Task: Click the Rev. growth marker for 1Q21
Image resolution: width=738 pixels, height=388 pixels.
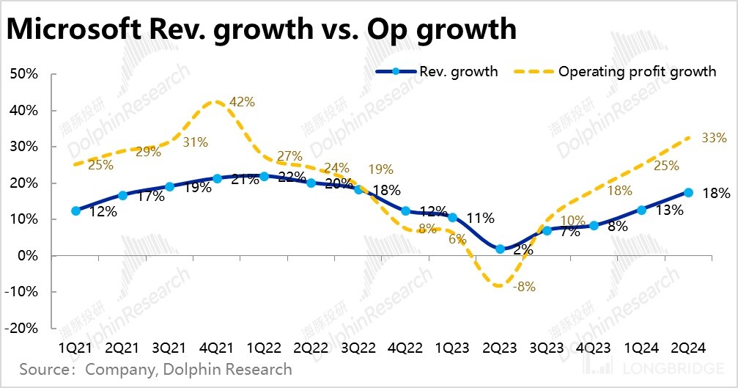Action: click(x=76, y=211)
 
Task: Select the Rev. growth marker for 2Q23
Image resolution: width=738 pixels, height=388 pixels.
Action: click(x=500, y=249)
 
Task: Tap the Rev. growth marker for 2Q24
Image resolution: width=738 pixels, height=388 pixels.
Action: click(x=688, y=192)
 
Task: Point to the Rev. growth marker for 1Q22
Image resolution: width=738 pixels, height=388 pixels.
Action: click(x=265, y=176)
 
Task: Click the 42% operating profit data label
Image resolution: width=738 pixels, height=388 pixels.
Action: click(x=242, y=102)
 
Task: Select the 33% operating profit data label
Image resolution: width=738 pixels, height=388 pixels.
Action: click(x=713, y=137)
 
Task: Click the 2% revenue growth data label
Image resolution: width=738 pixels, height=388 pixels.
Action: click(x=523, y=249)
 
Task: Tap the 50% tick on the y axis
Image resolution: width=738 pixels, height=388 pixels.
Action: click(x=23, y=74)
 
